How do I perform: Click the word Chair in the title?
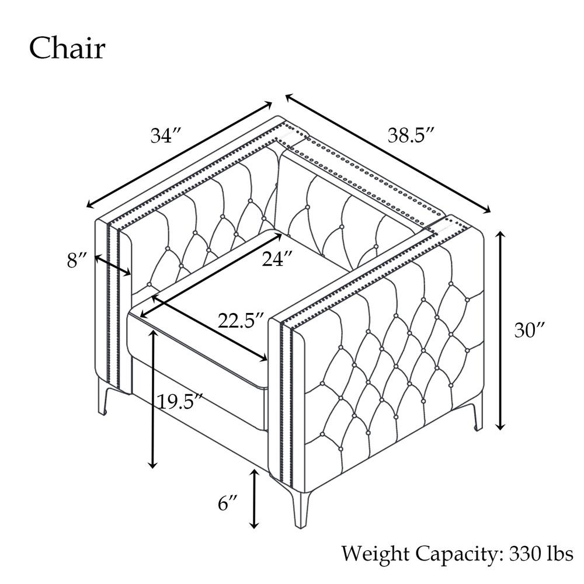click(x=67, y=48)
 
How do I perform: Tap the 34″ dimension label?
click(x=166, y=135)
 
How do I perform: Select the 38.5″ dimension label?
click(x=411, y=135)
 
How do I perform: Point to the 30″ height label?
click(x=530, y=330)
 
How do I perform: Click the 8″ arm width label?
click(x=77, y=260)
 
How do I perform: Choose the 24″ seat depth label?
click(x=277, y=259)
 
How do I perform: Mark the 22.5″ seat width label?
click(x=241, y=320)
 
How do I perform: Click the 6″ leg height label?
click(x=228, y=503)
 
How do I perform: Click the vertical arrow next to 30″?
click(x=501, y=331)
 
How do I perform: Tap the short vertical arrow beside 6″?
click(x=254, y=499)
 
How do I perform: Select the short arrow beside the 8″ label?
click(x=113, y=265)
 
